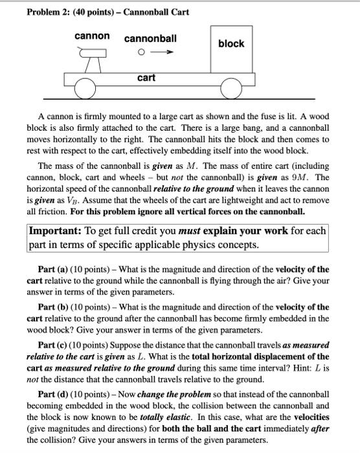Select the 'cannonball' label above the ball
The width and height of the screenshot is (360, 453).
(x=150, y=38)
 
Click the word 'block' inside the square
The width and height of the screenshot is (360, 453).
(x=231, y=43)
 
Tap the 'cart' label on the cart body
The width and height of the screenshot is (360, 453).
(x=146, y=78)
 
